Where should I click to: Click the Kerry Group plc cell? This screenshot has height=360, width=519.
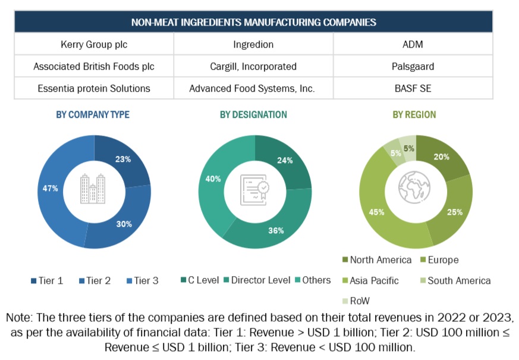(x=94, y=45)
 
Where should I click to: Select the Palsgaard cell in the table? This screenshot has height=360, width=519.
(x=413, y=67)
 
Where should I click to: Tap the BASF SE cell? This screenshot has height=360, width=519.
(x=413, y=89)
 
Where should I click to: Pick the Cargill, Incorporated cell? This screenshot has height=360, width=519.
(x=253, y=67)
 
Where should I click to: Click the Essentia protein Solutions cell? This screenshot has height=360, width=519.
(x=94, y=89)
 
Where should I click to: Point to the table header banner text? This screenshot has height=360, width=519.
(x=253, y=23)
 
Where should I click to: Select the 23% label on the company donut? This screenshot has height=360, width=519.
(x=123, y=159)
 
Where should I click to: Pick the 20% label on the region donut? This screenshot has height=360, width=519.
(x=441, y=157)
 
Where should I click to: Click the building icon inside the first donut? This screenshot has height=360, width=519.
(x=93, y=189)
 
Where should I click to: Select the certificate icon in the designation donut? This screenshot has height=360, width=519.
(x=254, y=190)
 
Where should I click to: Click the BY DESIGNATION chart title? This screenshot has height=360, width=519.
(x=253, y=114)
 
